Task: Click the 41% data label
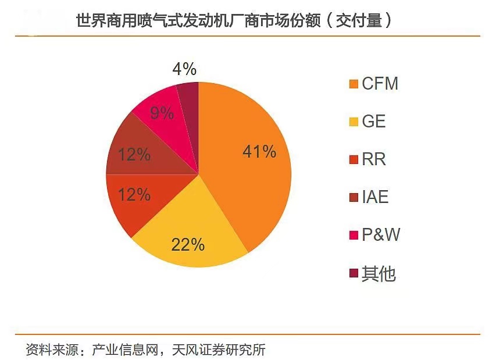point(259,152)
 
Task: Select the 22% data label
point(188,244)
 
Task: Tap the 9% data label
point(162,113)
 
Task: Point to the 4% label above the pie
point(185,69)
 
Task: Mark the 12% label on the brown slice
point(134,155)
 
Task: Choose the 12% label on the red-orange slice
point(134,194)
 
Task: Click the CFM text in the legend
point(380,84)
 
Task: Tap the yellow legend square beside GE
point(352,122)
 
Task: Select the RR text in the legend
point(374,159)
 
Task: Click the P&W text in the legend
point(381,235)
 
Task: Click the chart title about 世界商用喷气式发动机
point(233,20)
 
